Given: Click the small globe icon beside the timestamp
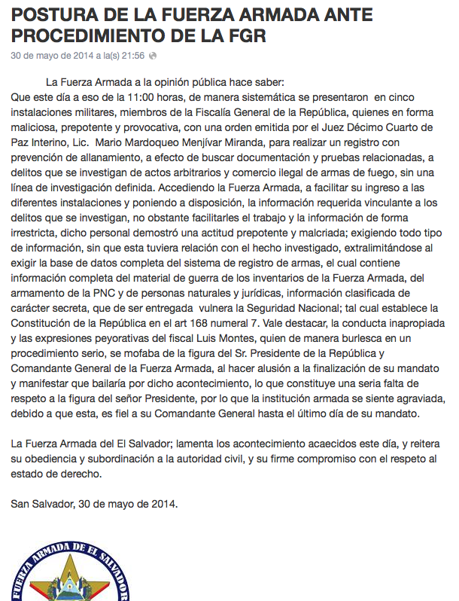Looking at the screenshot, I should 153,56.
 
